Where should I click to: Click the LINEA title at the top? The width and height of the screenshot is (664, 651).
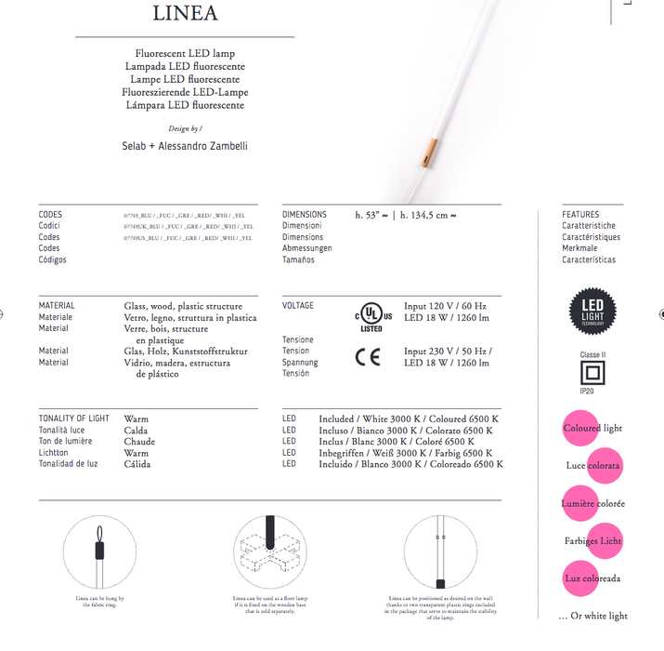point(186,13)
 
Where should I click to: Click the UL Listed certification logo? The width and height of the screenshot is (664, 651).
point(371,314)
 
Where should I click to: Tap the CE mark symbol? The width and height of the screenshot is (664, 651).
point(368,358)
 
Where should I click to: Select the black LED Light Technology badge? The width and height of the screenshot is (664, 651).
point(592,312)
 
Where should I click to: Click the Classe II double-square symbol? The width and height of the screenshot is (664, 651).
point(592,373)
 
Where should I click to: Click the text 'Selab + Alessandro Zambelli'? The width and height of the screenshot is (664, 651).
point(185,146)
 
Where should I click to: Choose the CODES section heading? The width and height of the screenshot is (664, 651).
point(50,215)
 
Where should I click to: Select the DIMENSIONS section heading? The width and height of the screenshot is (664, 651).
point(305,215)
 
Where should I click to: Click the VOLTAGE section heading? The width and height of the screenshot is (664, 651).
point(298,306)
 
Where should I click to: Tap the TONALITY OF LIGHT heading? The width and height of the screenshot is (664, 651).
point(73,419)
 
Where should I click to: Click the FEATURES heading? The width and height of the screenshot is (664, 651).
point(580,215)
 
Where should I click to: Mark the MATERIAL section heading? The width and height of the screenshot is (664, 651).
point(57,306)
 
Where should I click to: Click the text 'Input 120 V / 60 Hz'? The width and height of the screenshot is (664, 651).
point(445,306)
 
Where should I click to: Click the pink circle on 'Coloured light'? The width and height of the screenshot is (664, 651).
point(581,429)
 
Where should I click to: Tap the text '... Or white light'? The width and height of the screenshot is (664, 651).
point(592,616)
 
